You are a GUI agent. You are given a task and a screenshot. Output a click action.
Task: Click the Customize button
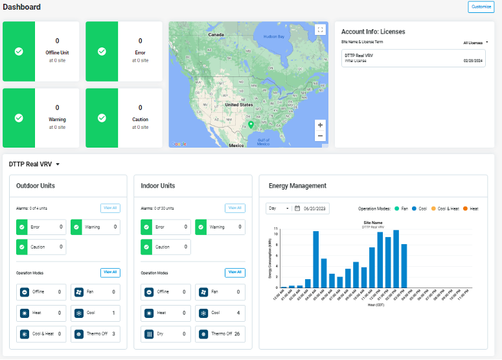click(481, 7)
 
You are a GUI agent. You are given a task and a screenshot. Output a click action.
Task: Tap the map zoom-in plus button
click(320, 125)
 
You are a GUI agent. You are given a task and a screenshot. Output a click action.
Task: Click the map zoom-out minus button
click(320, 136)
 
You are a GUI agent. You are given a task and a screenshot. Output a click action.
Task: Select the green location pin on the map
click(251, 124)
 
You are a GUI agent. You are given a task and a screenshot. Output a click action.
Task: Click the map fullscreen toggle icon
click(320, 29)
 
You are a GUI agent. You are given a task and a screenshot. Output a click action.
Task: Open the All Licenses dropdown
click(476, 43)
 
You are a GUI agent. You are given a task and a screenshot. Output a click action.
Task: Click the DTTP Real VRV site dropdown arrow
click(58, 164)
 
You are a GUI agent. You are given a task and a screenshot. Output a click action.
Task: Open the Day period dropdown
click(278, 208)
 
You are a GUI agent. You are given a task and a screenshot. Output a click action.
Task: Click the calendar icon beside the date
click(297, 208)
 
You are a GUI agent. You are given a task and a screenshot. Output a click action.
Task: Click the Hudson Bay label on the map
click(273, 36)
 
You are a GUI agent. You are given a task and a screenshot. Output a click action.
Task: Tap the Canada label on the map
click(216, 34)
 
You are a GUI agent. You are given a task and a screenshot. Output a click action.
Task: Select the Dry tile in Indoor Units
click(165, 334)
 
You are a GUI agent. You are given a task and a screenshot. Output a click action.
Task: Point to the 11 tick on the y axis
click(276, 229)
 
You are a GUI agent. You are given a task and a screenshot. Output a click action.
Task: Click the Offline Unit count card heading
click(57, 52)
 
